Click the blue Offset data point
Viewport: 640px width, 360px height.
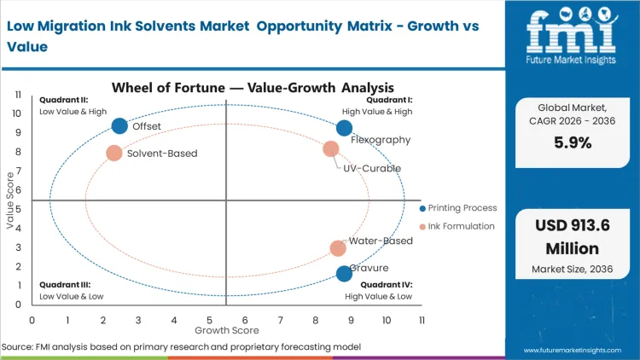tap(119, 126)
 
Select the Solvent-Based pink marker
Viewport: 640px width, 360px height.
tap(114, 154)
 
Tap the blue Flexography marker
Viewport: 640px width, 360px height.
tap(344, 128)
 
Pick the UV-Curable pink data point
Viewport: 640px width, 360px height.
tap(331, 149)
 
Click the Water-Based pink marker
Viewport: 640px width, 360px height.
tap(338, 248)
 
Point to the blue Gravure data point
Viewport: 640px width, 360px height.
tap(344, 274)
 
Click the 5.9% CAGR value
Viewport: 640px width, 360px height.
tap(572, 142)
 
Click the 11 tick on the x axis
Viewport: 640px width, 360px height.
tap(422, 319)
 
